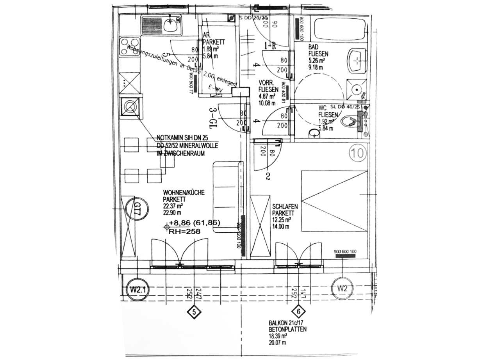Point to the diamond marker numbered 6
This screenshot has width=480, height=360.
coord(298,312)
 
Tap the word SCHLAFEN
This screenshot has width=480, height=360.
coord(283,207)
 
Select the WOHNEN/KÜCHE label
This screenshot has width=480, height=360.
coord(184,193)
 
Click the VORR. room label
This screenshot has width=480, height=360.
coord(267,83)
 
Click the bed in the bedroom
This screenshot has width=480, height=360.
coord(334,199)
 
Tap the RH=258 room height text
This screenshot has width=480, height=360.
coord(184,232)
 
